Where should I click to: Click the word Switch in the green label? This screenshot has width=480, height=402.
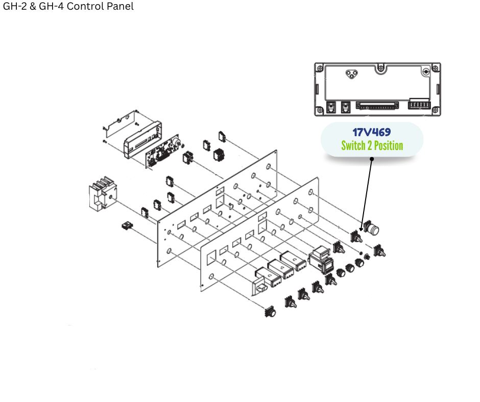[x=354, y=146]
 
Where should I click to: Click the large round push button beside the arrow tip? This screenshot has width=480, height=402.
[x=373, y=229]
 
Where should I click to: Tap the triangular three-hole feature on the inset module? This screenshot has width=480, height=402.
[x=350, y=74]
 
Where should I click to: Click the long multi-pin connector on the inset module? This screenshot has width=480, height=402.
[x=377, y=108]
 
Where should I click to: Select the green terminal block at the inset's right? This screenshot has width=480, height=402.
[x=419, y=106]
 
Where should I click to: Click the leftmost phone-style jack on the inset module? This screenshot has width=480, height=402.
[x=330, y=107]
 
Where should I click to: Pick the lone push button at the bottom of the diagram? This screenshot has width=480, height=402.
[x=270, y=311]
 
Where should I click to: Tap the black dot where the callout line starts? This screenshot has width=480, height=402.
[x=372, y=159]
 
